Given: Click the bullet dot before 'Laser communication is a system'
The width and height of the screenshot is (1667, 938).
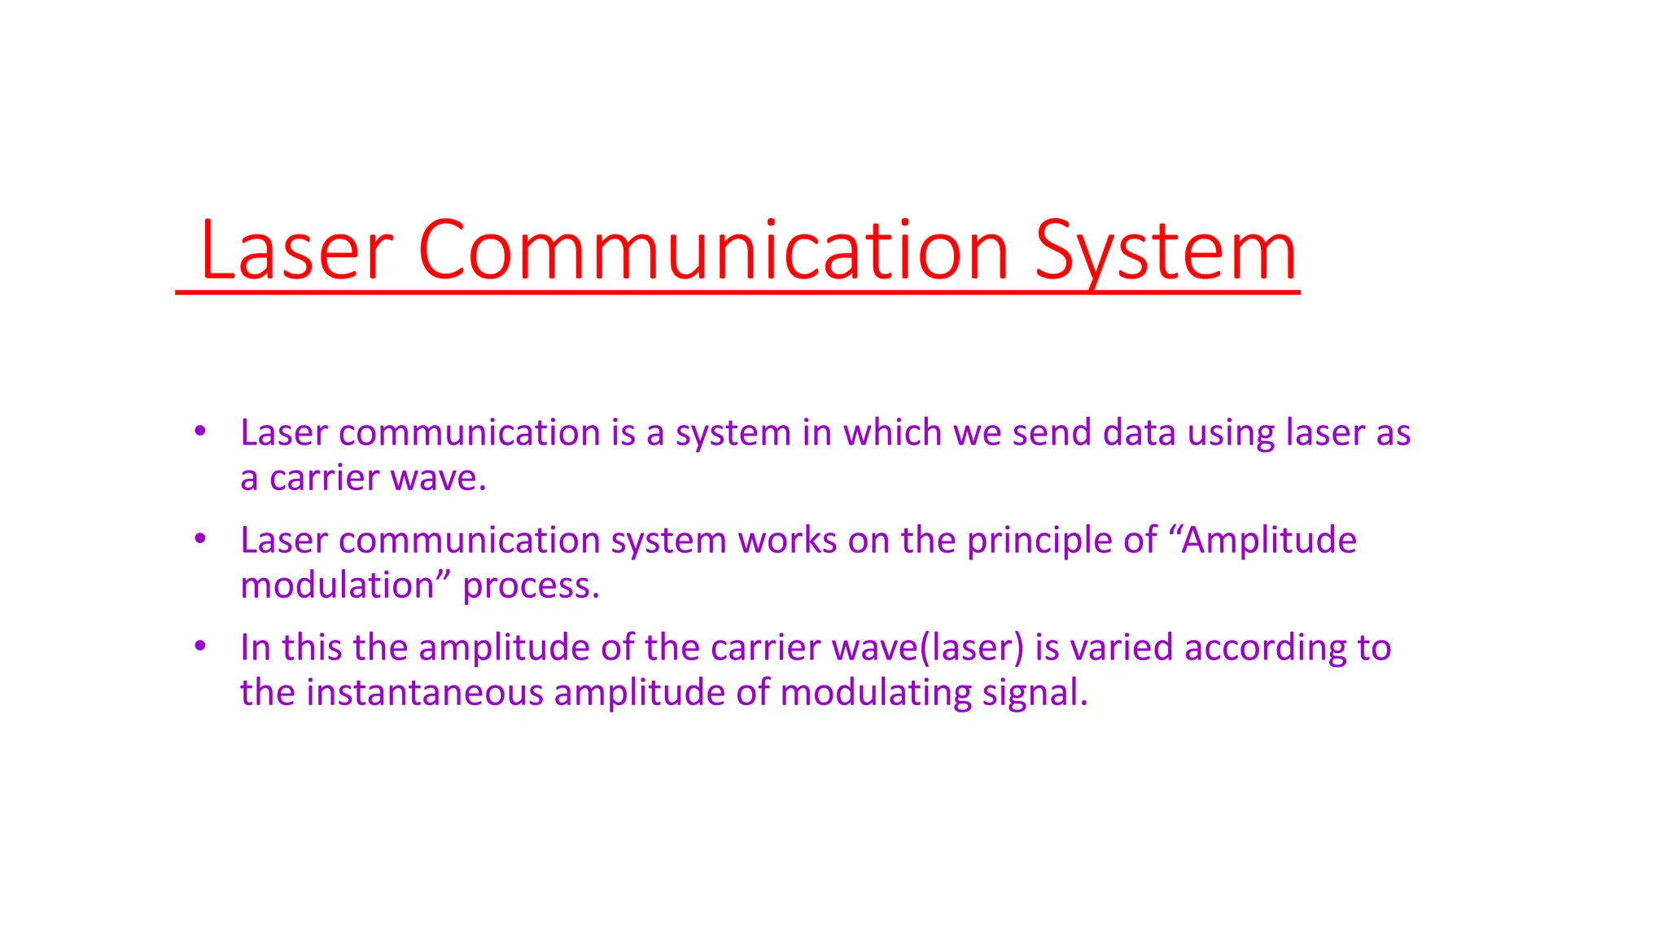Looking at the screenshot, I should click(200, 431).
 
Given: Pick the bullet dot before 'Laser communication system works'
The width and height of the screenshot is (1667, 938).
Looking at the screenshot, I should click(200, 538).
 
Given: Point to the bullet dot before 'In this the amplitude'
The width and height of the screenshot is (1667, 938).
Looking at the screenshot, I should click(200, 646).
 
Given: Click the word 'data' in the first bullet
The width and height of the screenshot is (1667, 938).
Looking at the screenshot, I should click(1139, 432).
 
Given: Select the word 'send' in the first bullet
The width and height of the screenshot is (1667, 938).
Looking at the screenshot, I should click(1052, 432).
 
